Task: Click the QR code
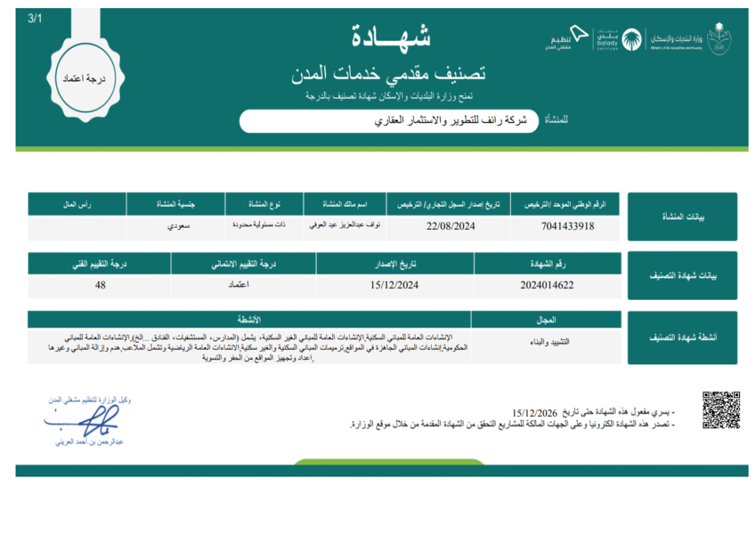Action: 721,410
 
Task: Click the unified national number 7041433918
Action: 568,226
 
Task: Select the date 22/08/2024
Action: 447,226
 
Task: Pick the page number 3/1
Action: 35,18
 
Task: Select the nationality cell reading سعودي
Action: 176,226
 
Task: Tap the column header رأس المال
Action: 77,203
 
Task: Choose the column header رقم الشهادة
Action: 547,262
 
